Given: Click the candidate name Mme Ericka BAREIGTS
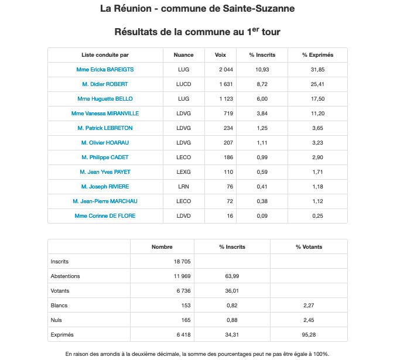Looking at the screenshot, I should point(105,70).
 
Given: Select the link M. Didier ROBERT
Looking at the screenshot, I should point(105,84).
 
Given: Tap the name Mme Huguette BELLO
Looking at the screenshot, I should point(105,99).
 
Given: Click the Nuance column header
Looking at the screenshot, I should point(183,55).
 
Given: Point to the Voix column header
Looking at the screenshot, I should point(220,55).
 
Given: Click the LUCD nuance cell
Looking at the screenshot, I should point(183,84).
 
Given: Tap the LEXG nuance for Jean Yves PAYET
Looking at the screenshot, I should point(183,172).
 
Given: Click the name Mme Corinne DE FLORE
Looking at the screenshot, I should point(105,216).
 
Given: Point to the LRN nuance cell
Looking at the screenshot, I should point(183,187).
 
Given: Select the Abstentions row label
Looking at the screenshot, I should point(66,276).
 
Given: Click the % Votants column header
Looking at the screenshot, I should point(309,247).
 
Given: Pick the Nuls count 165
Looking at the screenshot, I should point(184,320).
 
